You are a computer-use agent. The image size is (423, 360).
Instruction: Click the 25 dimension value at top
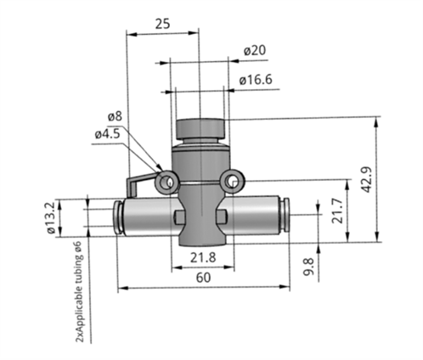(x=163, y=24)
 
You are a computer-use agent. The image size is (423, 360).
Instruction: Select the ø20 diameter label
(x=255, y=51)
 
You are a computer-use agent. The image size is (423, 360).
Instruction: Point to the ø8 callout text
(x=115, y=116)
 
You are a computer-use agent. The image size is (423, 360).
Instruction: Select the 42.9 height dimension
(x=389, y=179)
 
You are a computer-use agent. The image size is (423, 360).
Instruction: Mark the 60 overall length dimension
(x=202, y=277)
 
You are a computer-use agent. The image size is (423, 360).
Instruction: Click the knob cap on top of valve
(x=200, y=132)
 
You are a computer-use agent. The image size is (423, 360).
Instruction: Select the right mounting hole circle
(x=231, y=181)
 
